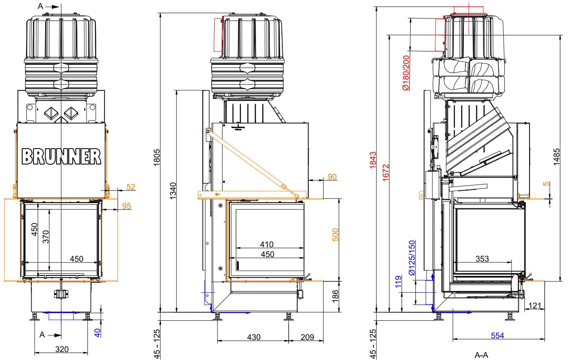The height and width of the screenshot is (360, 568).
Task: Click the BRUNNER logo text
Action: (x=61, y=156)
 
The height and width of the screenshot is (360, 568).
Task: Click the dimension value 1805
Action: (x=157, y=157)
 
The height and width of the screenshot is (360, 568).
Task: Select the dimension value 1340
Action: (x=173, y=190)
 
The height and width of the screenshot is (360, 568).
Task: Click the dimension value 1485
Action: (x=557, y=157)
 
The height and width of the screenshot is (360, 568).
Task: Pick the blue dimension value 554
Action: (x=497, y=335)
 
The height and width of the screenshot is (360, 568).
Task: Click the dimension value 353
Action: (x=482, y=259)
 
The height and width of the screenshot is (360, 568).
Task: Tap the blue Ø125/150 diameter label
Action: (x=412, y=257)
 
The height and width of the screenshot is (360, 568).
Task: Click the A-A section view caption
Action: (x=481, y=355)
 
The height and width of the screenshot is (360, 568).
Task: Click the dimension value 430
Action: (x=253, y=337)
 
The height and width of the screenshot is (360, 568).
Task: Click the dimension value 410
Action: (x=266, y=244)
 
